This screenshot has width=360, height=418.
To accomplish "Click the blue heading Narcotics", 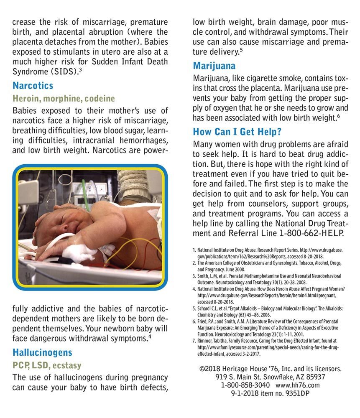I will point(33,86).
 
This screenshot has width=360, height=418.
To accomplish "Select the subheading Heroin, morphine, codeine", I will point(64,99).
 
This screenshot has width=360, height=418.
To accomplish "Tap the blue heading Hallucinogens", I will point(42,352).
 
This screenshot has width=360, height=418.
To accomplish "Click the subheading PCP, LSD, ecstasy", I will point(47,365).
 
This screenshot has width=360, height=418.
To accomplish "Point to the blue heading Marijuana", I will point(214,66).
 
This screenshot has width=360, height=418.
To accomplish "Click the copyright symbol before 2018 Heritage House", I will point(203,369).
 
